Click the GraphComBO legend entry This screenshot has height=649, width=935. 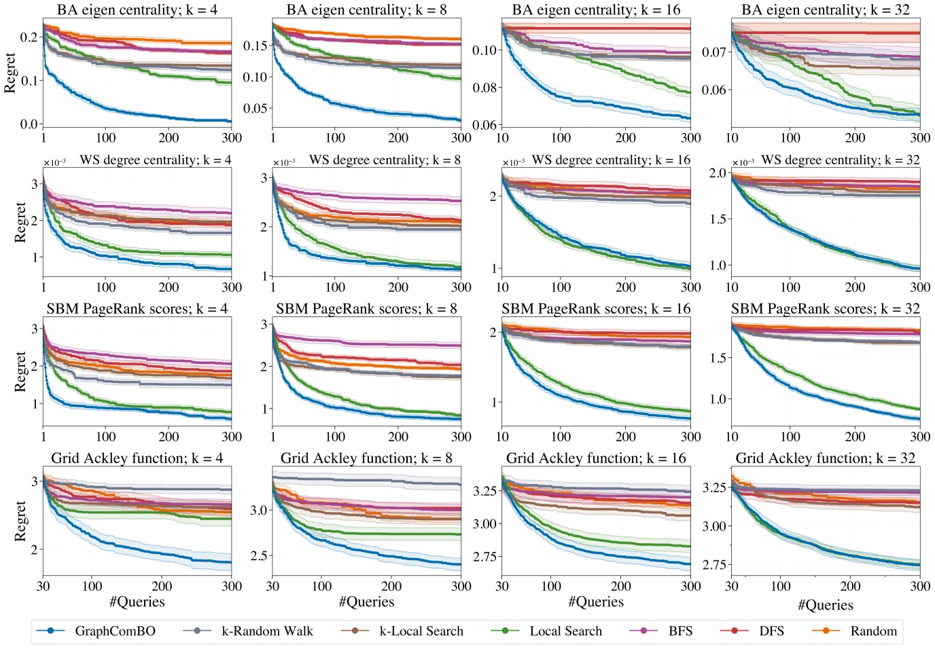click(x=114, y=631)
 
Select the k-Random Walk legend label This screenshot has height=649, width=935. click(x=267, y=631)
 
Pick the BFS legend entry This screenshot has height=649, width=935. click(x=680, y=631)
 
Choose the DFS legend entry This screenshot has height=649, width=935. click(x=771, y=631)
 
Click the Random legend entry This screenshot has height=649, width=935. click(x=873, y=631)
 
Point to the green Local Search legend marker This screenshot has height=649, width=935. click(x=505, y=631)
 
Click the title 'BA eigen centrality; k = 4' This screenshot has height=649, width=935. click(x=137, y=10)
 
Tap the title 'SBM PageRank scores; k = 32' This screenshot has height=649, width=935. click(x=825, y=309)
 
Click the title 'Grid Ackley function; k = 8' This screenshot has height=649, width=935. click(x=366, y=458)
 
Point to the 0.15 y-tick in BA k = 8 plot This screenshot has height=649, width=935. click(x=255, y=46)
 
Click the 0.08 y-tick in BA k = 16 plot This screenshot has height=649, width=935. click(x=485, y=88)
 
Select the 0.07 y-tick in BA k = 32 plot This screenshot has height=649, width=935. click(x=715, y=52)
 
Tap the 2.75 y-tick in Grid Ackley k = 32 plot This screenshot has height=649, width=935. click(x=713, y=565)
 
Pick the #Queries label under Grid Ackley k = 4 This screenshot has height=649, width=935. click(x=137, y=602)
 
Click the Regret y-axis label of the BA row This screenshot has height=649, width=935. click(x=10, y=72)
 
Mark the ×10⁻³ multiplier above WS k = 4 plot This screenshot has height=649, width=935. click(x=54, y=163)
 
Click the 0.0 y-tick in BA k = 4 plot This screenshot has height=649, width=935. click(x=29, y=124)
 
